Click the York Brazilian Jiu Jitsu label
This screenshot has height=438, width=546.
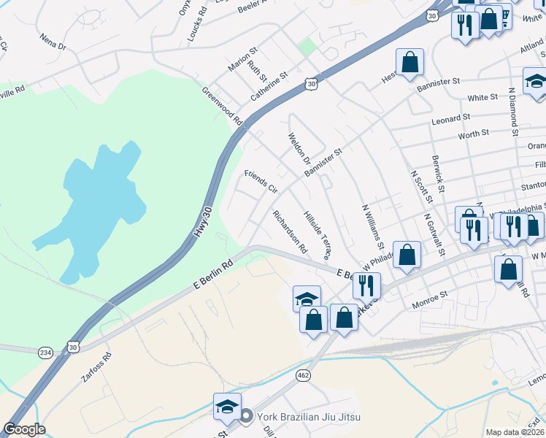[309, 417]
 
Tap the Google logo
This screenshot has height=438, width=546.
[24, 429]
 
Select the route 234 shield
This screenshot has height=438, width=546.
[46, 352]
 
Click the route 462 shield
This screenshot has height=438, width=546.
[302, 374]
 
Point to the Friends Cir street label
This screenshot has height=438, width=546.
[261, 180]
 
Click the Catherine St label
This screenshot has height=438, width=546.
[269, 86]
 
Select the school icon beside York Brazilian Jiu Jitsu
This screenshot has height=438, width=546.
[227, 407]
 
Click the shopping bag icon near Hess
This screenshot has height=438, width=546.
[409, 62]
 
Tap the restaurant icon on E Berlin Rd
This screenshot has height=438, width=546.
[366, 285]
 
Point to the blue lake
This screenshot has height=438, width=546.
[95, 204]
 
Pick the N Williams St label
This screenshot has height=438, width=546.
[373, 222]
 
